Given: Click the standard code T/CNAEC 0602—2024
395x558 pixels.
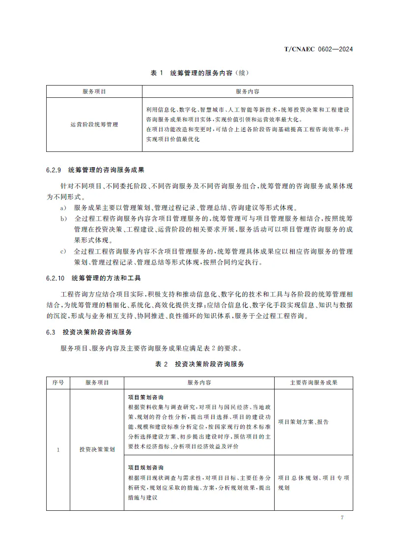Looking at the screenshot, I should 319,49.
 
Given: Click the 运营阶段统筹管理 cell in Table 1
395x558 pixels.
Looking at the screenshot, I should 94,125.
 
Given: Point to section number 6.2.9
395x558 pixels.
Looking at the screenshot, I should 53,171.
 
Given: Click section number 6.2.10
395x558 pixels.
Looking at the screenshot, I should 55,278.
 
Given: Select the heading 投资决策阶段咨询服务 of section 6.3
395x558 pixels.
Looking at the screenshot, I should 97,332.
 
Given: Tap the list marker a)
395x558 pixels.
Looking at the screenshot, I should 63,208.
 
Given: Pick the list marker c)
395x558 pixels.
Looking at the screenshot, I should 63,251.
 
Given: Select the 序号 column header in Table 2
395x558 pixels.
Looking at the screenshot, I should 58,382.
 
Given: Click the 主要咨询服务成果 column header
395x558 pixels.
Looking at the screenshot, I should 313,382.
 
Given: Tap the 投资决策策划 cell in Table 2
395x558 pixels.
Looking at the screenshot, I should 97,449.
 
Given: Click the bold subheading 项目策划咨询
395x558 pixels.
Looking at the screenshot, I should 145,397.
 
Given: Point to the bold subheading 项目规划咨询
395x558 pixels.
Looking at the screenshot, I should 145,467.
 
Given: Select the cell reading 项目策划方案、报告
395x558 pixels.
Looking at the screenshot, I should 303,422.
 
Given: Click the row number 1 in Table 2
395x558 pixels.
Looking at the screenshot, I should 58,449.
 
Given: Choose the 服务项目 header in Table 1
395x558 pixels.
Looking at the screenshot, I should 94,91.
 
